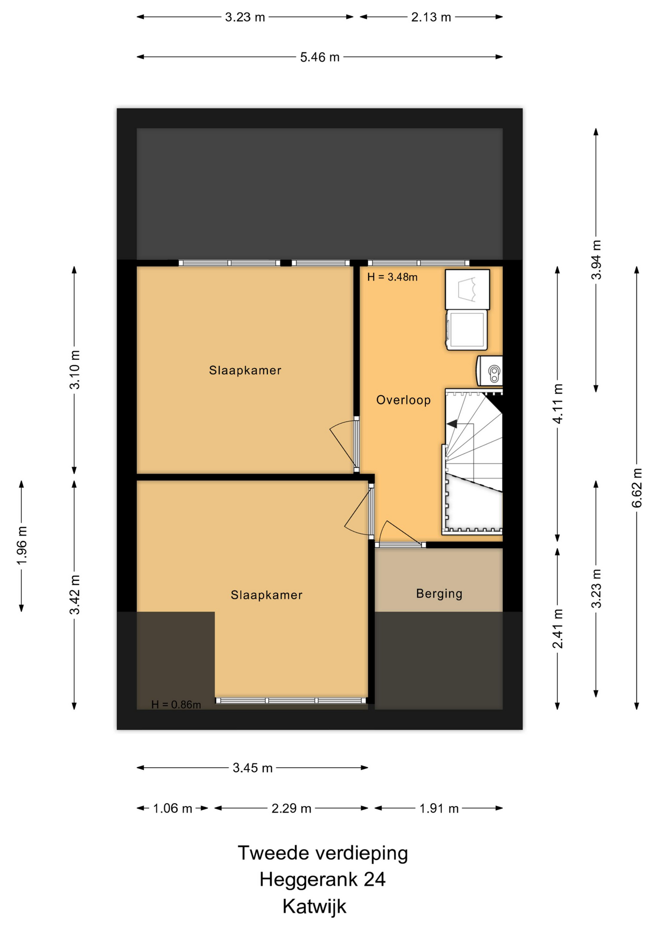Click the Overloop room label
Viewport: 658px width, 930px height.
(403, 400)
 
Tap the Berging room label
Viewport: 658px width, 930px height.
(439, 594)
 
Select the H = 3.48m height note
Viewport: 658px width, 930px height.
(392, 277)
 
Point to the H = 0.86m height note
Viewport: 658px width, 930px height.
(176, 705)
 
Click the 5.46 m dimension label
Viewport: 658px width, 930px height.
(320, 57)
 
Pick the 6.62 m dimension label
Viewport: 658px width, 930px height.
(637, 488)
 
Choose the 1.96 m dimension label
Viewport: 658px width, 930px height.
(22, 545)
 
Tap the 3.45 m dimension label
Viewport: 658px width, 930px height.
(252, 768)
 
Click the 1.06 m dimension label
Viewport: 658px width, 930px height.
(172, 808)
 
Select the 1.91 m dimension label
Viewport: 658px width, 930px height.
(439, 808)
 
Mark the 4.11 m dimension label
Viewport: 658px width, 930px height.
(558, 403)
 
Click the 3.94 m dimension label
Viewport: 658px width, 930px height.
(596, 260)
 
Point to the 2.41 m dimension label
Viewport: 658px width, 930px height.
(558, 629)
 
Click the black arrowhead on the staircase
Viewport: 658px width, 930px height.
(452, 424)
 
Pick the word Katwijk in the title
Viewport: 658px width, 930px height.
(314, 906)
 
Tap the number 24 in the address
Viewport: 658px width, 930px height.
(375, 879)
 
